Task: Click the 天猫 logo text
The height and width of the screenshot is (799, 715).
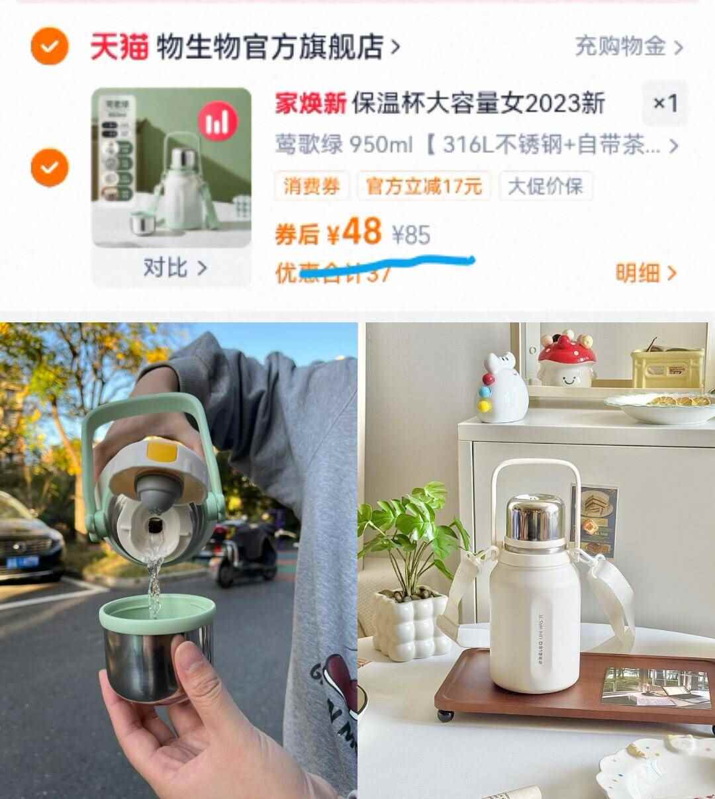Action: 119,47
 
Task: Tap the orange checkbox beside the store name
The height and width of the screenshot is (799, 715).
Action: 50,46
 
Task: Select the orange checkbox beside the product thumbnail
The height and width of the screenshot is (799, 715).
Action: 50,168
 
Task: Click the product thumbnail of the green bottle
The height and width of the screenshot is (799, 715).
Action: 171,167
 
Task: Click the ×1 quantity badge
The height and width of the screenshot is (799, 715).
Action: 665,103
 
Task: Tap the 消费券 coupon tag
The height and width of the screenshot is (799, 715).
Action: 311,186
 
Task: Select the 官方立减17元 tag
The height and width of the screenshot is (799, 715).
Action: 424,186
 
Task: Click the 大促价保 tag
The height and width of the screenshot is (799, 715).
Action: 545,186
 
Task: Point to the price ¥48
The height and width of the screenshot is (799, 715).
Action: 354,232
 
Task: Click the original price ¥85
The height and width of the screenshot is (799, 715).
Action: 411,234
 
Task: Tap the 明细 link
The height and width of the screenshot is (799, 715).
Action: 645,272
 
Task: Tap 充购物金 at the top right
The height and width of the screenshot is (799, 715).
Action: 628,47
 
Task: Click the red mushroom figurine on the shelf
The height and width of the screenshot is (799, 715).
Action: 566,359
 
